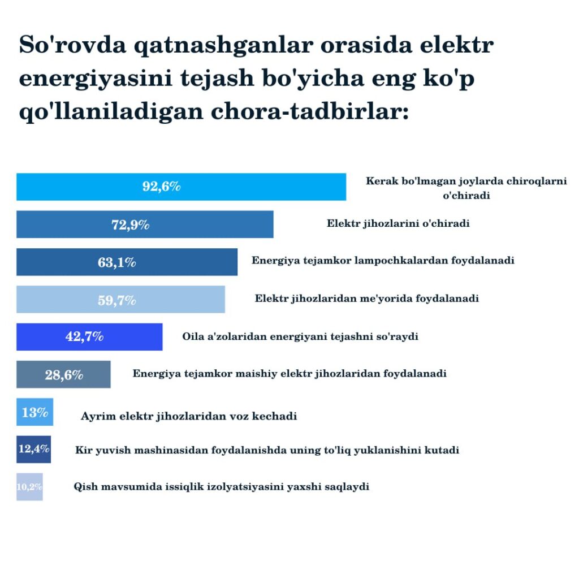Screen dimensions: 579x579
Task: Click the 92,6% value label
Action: click(161, 187)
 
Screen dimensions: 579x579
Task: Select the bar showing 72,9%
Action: click(145, 224)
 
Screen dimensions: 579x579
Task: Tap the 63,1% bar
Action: click(127, 262)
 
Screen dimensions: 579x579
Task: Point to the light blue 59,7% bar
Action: click(121, 300)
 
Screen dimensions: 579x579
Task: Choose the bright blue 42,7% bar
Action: click(89, 337)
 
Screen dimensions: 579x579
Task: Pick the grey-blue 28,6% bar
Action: click(63, 374)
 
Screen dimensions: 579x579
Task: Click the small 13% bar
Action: click(34, 412)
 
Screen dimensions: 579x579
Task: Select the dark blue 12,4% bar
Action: click(33, 450)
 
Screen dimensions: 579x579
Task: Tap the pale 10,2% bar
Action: click(29, 487)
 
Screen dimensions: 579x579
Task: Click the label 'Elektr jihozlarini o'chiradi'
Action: click(398, 223)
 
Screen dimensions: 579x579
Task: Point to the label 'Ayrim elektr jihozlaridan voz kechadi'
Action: click(189, 416)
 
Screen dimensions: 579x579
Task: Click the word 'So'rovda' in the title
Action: click(73, 45)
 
